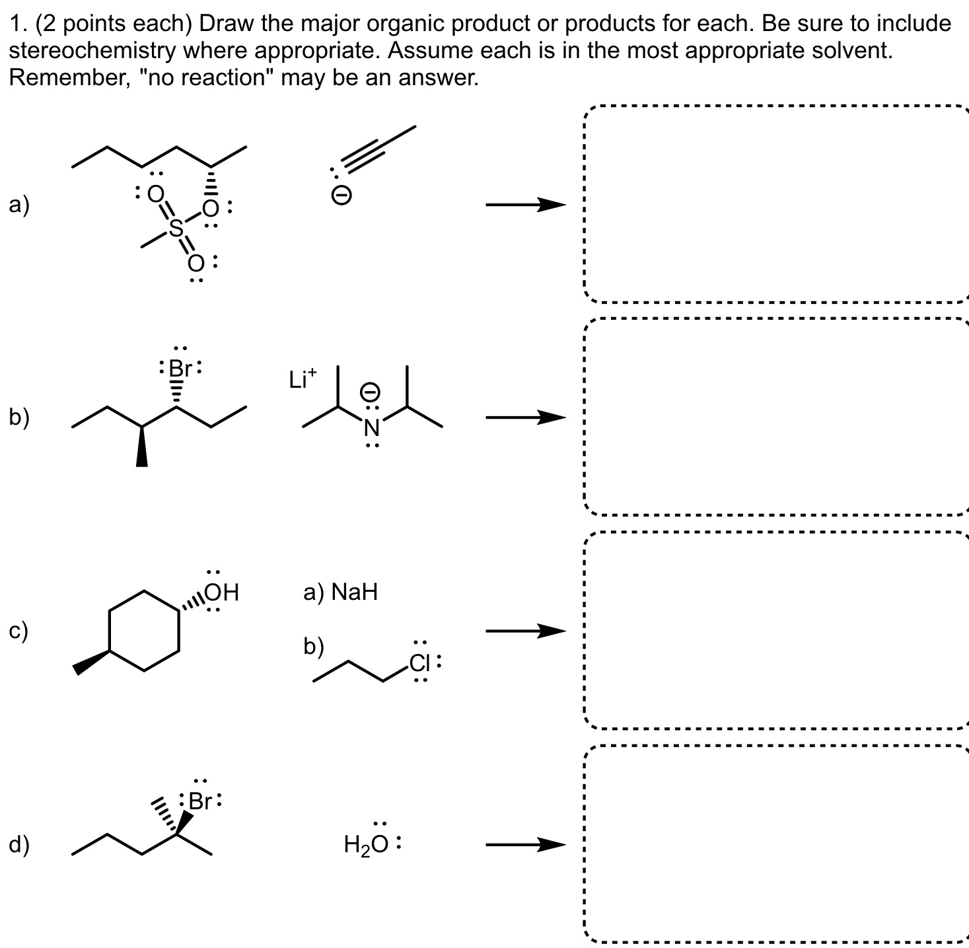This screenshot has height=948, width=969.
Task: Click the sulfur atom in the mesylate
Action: coord(175,228)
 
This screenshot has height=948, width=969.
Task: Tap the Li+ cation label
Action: coord(302,379)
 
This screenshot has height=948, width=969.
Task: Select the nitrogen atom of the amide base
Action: coord(372,429)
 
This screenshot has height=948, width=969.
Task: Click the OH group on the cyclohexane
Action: coord(222,592)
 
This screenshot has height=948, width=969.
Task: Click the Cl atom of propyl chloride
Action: coord(419,662)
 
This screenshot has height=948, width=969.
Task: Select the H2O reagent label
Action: coord(369,844)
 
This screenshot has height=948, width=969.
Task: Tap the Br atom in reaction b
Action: coord(180,368)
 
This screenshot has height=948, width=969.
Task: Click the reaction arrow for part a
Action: coord(526,205)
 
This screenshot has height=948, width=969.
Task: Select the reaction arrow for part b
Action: coord(526,418)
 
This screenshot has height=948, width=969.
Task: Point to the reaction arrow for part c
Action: coord(526,631)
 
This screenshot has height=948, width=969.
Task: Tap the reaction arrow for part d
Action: coord(526,844)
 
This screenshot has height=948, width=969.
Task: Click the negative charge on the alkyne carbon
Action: coord(341,196)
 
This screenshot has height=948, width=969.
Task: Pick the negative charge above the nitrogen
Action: coord(371,392)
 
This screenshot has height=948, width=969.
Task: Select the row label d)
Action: coord(18,845)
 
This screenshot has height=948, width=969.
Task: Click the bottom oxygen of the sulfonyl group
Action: coord(196,264)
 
